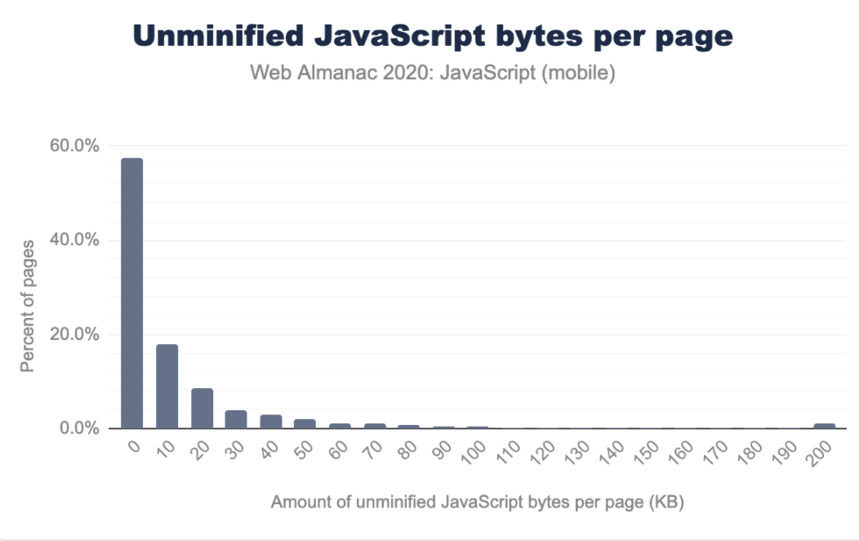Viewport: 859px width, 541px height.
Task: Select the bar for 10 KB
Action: [167, 386]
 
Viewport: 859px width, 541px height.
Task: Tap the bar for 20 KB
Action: [202, 408]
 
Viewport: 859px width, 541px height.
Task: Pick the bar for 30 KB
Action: [236, 419]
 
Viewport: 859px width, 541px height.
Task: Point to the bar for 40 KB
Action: [271, 422]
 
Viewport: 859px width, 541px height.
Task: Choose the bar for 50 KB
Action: [305, 423]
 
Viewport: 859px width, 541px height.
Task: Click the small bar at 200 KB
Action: [825, 426]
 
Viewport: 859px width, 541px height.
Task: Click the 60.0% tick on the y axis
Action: [74, 146]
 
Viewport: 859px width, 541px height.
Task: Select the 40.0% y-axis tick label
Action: [74, 240]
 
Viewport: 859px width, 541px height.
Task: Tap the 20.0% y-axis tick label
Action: [74, 334]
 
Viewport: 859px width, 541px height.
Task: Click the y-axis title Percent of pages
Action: [28, 306]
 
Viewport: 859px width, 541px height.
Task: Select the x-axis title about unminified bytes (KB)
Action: [477, 502]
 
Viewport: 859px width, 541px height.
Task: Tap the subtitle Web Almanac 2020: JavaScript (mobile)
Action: [432, 74]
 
